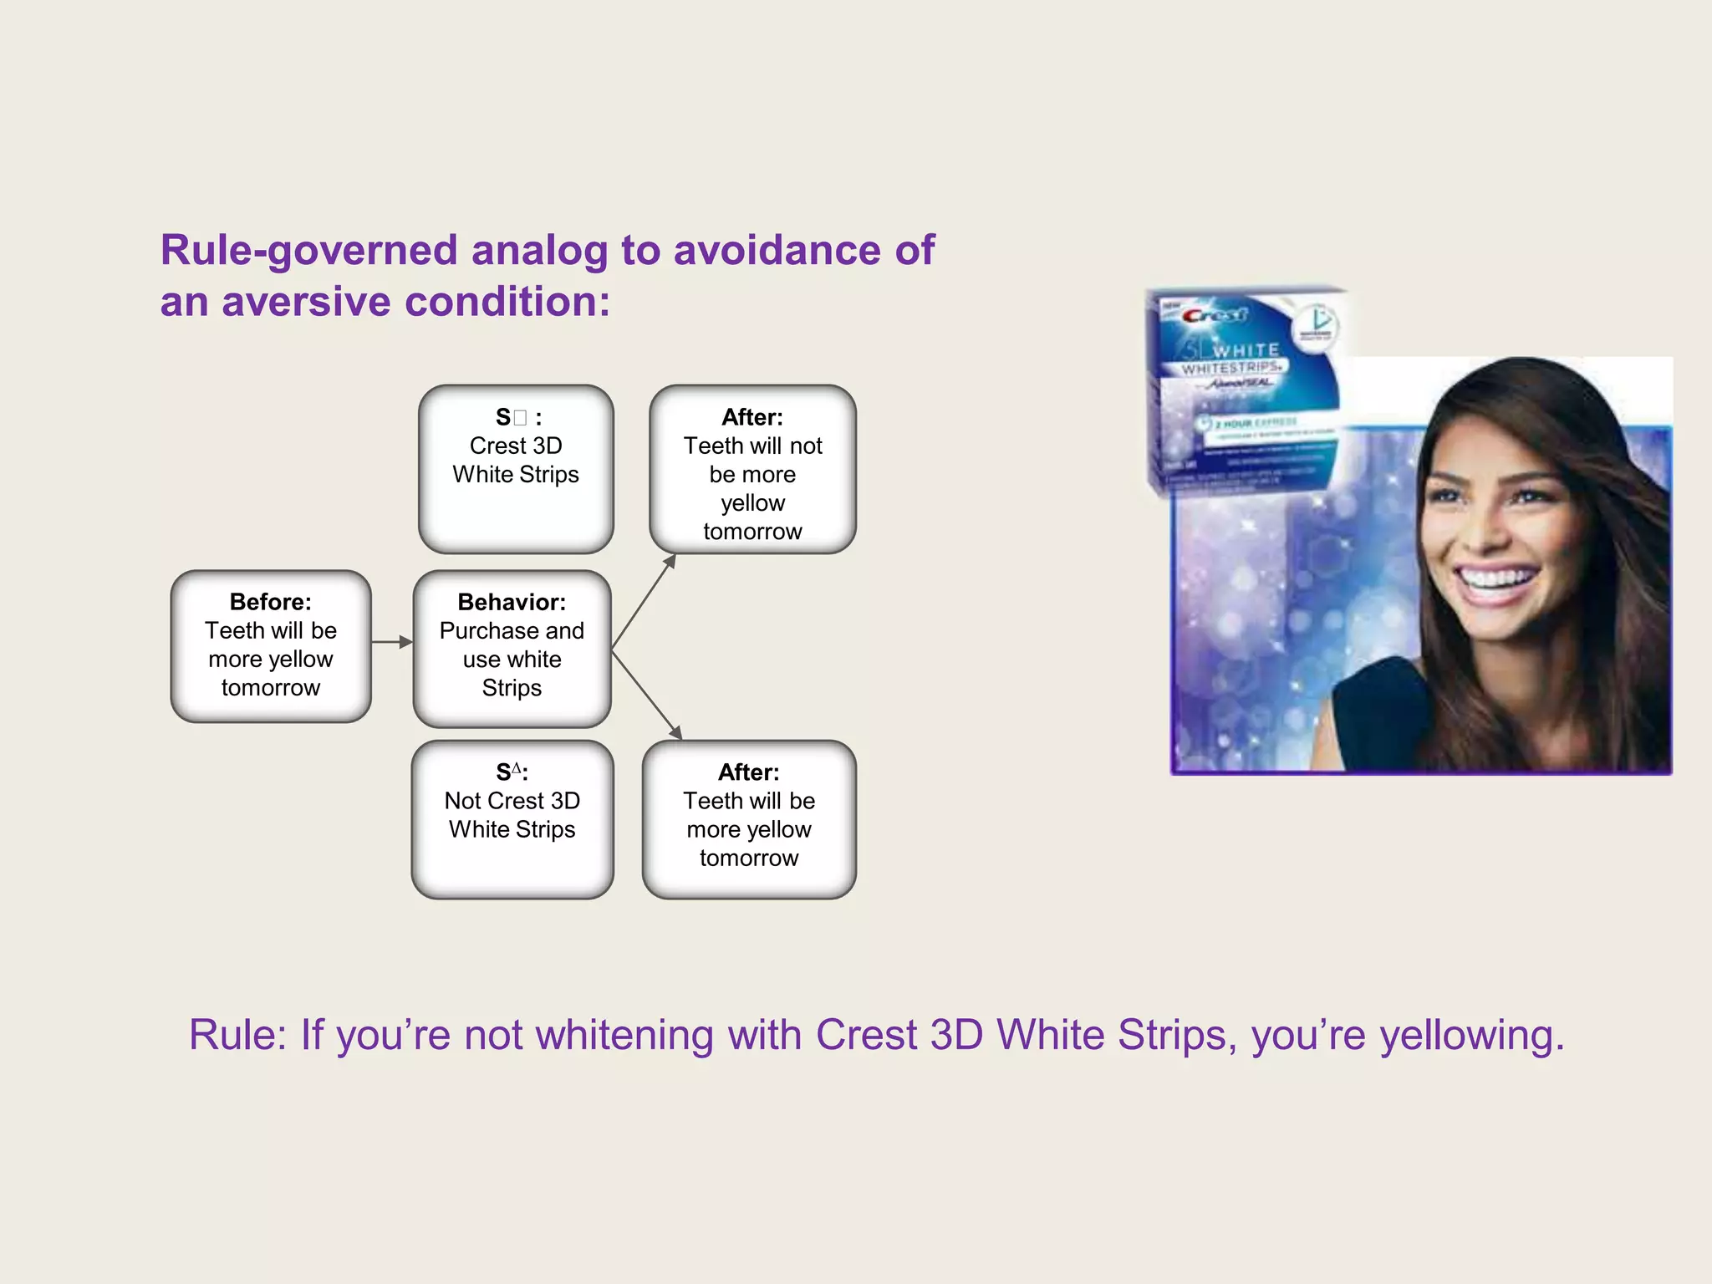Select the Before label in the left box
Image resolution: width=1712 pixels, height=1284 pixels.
tap(270, 602)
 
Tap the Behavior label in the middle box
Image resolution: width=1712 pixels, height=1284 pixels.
tap(512, 602)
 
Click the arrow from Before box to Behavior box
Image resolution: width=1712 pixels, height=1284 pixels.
tap(391, 642)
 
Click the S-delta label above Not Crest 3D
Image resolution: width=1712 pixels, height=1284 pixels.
tap(511, 772)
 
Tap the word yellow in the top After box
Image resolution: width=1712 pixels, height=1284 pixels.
tap(752, 503)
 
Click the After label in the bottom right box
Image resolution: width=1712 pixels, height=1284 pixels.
tap(748, 772)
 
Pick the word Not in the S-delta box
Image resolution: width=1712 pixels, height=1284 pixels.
tap(462, 801)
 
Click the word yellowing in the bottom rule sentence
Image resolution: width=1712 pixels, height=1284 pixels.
tap(1471, 1035)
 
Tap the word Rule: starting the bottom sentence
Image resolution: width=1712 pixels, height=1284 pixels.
tap(237, 1035)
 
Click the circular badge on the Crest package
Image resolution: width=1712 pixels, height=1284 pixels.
tap(1316, 327)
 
